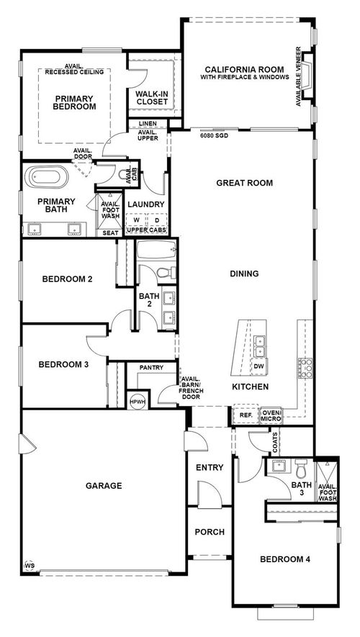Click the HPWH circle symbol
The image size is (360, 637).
(x=136, y=402)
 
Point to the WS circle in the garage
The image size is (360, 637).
(x=30, y=565)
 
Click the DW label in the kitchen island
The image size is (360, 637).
(x=258, y=366)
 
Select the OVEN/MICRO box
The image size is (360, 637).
(x=272, y=415)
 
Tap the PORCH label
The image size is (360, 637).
(x=210, y=532)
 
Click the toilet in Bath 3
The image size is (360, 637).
(x=301, y=469)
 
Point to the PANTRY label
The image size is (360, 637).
(x=151, y=368)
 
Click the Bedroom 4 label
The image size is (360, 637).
(x=284, y=559)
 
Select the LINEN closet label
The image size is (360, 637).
(x=148, y=124)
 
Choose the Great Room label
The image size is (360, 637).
(x=245, y=183)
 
